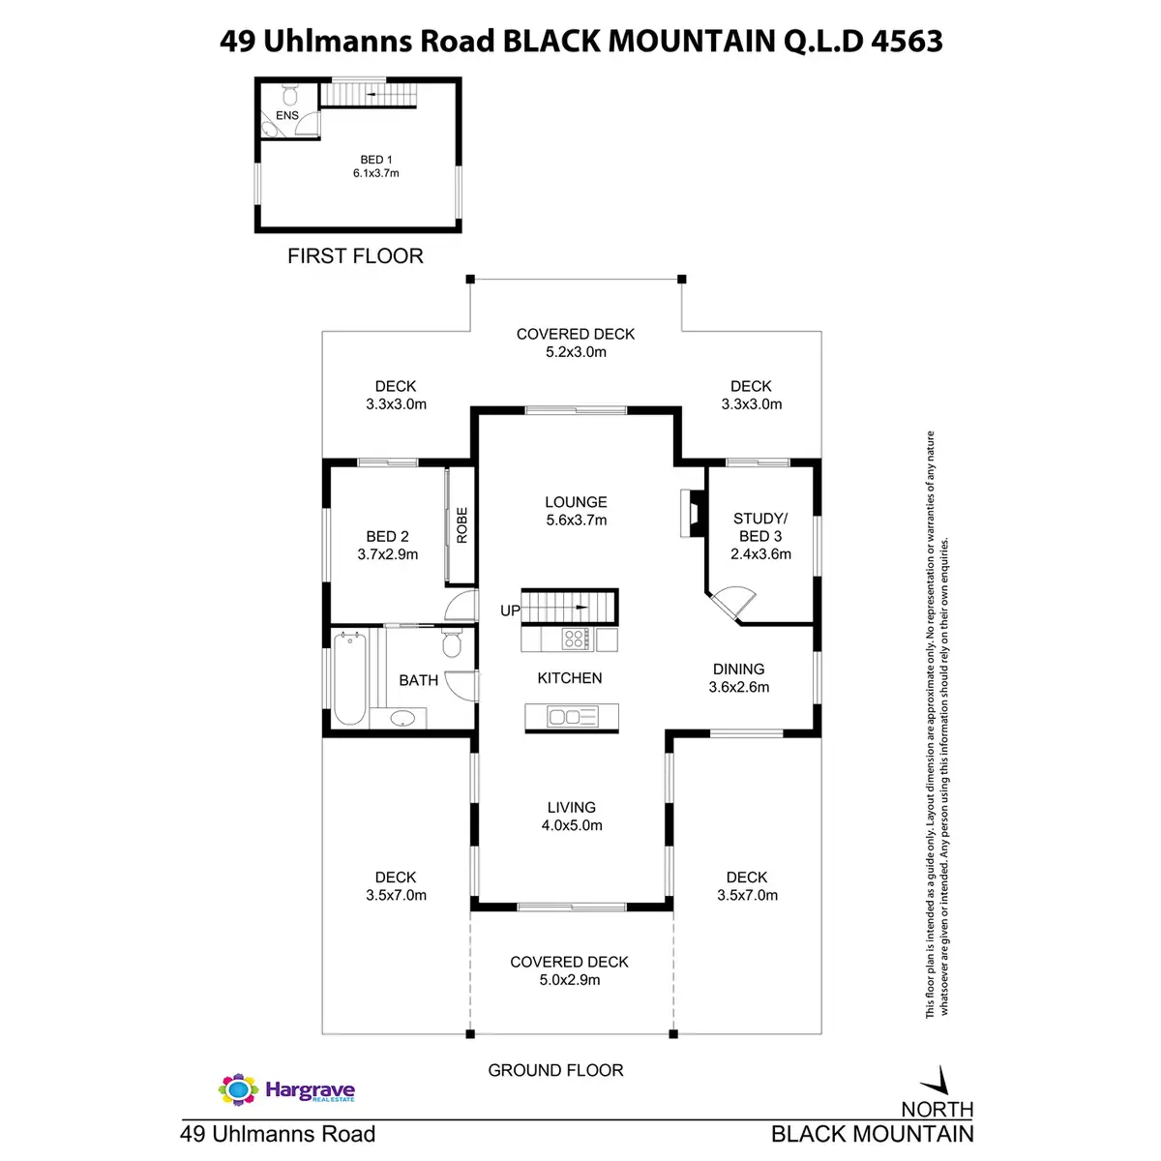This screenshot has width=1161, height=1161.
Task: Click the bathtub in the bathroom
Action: pos(349,677)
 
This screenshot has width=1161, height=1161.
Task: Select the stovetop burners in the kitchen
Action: pos(575,639)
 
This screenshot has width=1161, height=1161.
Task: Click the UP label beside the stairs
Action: pos(510,610)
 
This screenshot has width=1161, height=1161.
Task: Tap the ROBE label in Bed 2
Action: pos(461,525)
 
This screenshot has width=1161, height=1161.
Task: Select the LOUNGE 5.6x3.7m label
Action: pos(576,511)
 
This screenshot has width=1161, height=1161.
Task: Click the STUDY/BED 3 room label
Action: pos(760,536)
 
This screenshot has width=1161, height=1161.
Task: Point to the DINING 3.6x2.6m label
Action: pos(739,677)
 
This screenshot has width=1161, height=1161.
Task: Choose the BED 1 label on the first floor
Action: pos(375,166)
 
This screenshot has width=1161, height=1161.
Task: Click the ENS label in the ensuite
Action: pos(287,115)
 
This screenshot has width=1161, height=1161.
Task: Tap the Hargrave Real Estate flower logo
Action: pos(237,1089)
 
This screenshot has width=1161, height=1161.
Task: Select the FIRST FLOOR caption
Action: pos(355,256)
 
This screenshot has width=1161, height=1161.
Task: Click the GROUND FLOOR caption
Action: pos(555,1070)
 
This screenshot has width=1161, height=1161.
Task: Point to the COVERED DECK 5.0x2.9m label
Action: pos(569,970)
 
